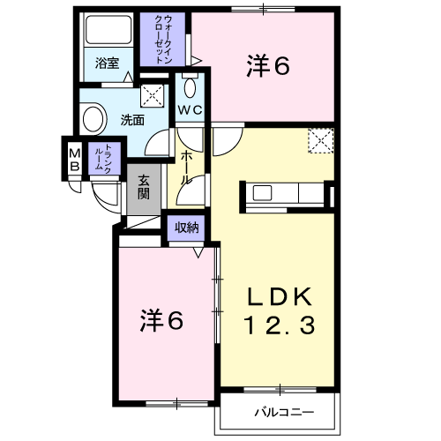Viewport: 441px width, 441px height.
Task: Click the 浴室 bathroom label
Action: pos(107,64)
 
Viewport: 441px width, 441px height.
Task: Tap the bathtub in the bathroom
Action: pos(108,30)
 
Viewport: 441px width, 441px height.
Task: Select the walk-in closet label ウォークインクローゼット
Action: pos(163,40)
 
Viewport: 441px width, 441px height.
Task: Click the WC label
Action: pos(191,110)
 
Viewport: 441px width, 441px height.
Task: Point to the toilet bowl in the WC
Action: pos(191,87)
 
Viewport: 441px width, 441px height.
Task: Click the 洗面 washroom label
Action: pos(132,120)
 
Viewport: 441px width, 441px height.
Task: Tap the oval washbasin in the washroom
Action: pos(93,119)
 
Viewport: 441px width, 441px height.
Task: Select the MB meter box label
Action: pos(75,161)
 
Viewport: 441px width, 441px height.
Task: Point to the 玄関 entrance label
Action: pos(144,187)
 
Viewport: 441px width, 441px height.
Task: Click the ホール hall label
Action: pos(186,168)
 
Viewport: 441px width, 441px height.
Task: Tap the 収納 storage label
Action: pos(187,228)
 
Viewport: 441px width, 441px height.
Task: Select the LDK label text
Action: pos(280,297)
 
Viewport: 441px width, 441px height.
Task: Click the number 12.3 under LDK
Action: pos(280,325)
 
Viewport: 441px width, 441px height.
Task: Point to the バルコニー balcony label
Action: pos(284,412)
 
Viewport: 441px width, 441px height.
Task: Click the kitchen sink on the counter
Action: pos(262,193)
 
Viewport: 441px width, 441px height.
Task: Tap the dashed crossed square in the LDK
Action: pos(321,140)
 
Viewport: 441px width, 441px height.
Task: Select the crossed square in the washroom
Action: pos(152,95)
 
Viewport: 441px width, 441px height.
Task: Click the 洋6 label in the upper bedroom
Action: pos(268,66)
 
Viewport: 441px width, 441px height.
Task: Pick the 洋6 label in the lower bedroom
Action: pos(161,320)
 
